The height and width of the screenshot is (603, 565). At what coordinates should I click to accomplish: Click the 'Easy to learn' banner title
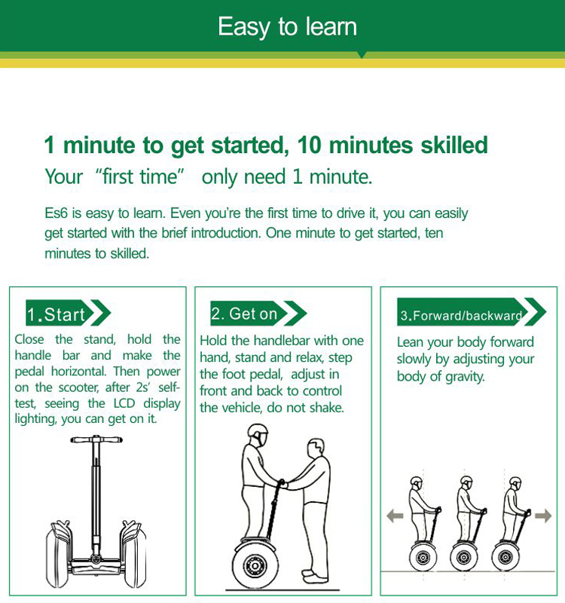tap(288, 27)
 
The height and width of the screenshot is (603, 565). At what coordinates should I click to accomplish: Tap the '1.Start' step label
tap(56, 314)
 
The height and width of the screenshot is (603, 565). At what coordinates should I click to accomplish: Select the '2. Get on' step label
tap(244, 314)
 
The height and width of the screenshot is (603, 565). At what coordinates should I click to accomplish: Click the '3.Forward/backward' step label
tap(461, 316)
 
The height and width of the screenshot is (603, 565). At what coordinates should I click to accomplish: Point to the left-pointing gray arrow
tap(395, 516)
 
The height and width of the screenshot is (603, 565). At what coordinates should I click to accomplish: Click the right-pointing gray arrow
tap(543, 516)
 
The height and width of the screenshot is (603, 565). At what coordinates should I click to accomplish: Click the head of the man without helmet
tap(316, 447)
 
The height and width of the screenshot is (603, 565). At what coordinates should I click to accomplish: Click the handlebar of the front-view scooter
tap(96, 439)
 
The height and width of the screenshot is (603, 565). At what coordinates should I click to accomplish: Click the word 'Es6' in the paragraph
tap(56, 213)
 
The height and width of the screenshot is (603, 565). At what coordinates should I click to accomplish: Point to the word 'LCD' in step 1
tap(124, 403)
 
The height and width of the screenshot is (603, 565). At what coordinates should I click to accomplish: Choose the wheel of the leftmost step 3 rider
tap(423, 556)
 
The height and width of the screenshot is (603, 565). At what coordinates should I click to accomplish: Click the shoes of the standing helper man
tap(314, 576)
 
